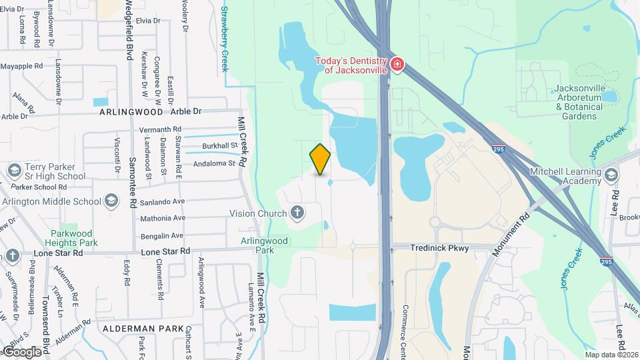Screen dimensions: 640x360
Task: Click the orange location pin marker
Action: (x=321, y=159)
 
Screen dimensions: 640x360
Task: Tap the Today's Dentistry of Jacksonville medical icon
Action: (x=397, y=65)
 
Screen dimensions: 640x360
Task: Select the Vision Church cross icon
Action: (x=297, y=213)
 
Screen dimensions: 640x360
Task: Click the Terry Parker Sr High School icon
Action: (x=14, y=171)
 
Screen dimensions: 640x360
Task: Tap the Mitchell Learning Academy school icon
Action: (x=612, y=175)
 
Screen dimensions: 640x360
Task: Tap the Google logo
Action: (x=22, y=351)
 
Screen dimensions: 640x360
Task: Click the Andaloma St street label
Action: (x=215, y=163)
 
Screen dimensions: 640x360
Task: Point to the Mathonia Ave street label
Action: (x=162, y=218)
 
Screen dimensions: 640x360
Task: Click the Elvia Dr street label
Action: (x=148, y=21)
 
